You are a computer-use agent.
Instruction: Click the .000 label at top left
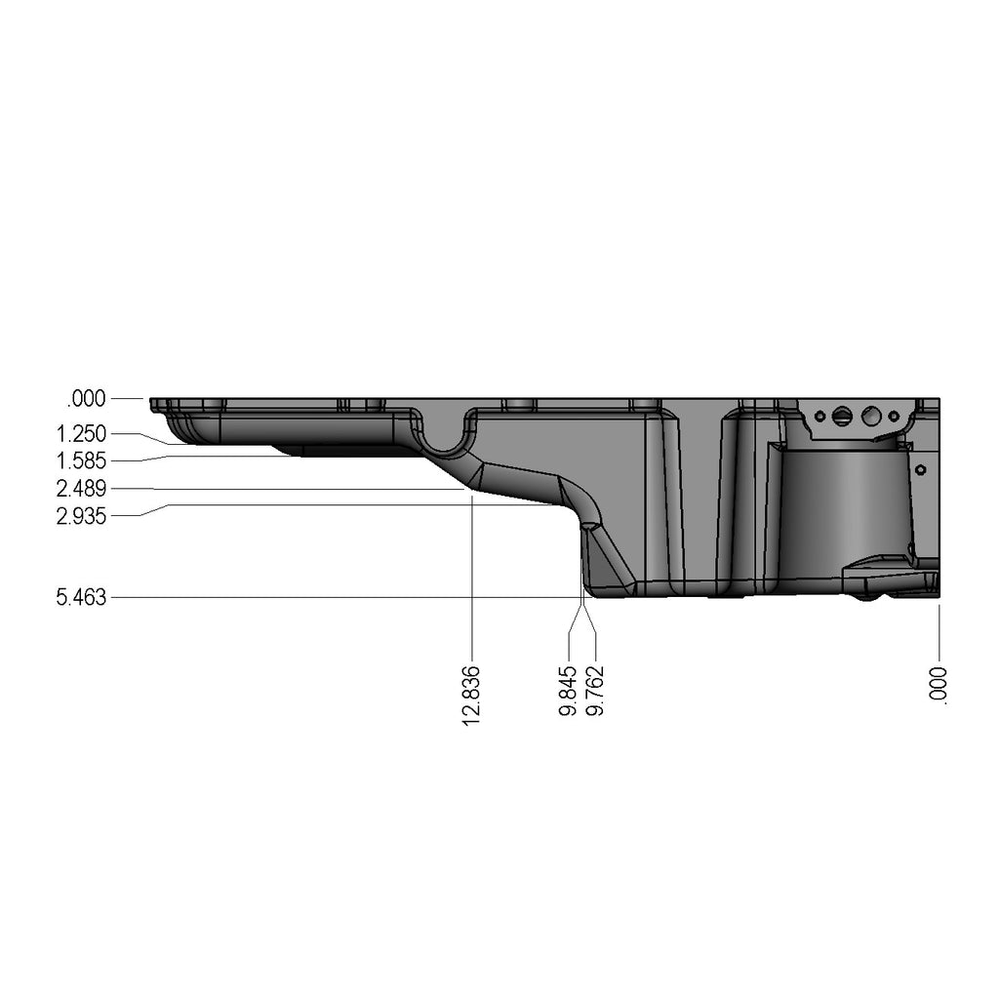click(86, 399)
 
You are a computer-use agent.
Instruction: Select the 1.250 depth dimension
click(82, 434)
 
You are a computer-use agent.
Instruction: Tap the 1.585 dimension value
click(82, 460)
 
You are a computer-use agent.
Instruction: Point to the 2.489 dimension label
click(82, 489)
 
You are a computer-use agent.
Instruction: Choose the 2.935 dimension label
click(82, 515)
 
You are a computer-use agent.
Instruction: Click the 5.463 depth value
click(82, 598)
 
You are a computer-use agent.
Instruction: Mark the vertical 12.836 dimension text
click(470, 696)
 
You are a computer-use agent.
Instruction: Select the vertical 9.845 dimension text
click(568, 691)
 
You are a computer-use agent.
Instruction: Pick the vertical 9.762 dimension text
click(594, 691)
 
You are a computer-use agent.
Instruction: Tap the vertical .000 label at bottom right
click(939, 686)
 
